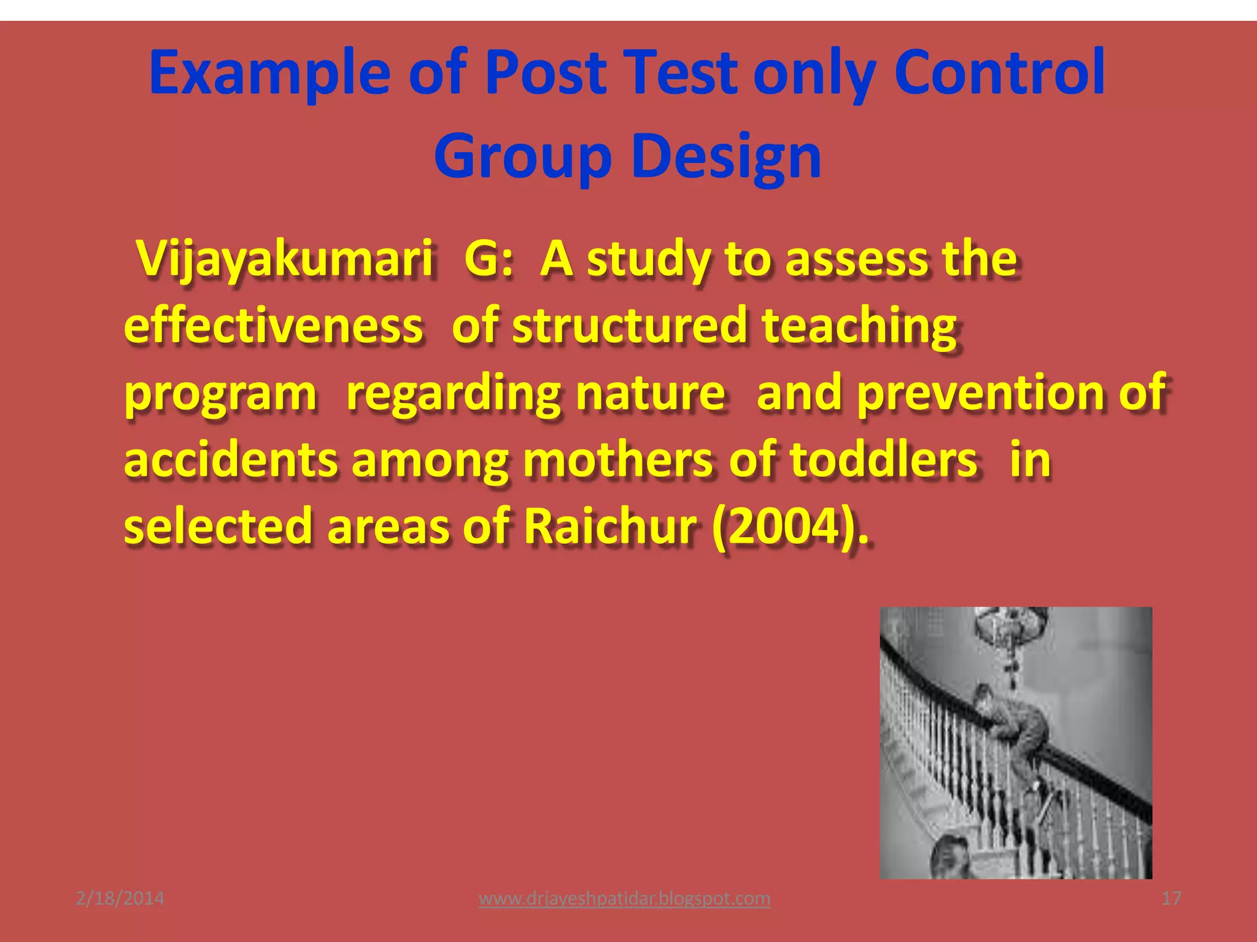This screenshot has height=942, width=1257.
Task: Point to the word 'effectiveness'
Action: coord(274,326)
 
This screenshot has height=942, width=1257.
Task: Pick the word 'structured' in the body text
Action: coord(630,326)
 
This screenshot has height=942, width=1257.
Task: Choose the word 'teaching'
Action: coord(859,326)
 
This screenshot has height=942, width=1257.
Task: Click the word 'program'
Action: coord(220,393)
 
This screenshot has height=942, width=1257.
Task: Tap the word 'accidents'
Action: coord(231,460)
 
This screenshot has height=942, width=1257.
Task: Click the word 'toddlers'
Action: coord(883,460)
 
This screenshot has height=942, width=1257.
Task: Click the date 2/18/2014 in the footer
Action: coord(120,898)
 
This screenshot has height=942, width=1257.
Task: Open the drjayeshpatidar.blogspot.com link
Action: coord(624,898)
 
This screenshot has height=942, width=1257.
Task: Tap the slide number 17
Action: coord(1171,898)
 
